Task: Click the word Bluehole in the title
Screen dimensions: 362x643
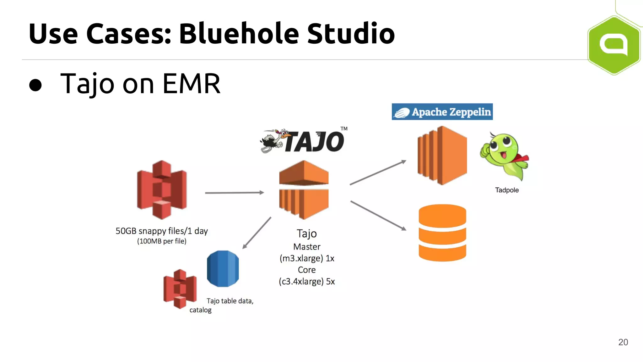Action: click(x=239, y=34)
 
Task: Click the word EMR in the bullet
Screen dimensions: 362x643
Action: click(x=192, y=84)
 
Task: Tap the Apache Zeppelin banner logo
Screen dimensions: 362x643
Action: click(x=442, y=112)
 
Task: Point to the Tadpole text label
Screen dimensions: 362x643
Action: click(x=507, y=190)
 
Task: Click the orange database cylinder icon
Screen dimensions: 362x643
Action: click(x=442, y=233)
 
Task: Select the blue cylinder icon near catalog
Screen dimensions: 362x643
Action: click(x=223, y=269)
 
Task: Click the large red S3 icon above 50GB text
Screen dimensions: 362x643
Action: click(x=162, y=189)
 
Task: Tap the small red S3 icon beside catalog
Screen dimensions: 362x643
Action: click(x=180, y=288)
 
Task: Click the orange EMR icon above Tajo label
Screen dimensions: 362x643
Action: click(x=304, y=189)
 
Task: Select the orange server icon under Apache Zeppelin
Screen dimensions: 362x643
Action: click(x=442, y=156)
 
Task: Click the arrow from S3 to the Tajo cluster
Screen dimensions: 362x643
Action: click(x=234, y=193)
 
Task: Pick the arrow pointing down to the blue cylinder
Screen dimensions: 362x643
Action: click(x=257, y=233)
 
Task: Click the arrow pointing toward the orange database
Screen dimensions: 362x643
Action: click(x=378, y=216)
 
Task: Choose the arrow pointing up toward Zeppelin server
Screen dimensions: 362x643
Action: click(x=378, y=173)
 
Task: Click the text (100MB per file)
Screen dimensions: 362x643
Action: click(x=162, y=241)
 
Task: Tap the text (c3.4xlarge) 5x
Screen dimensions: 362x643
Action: click(x=307, y=282)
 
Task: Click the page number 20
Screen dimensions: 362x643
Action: click(x=623, y=342)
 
